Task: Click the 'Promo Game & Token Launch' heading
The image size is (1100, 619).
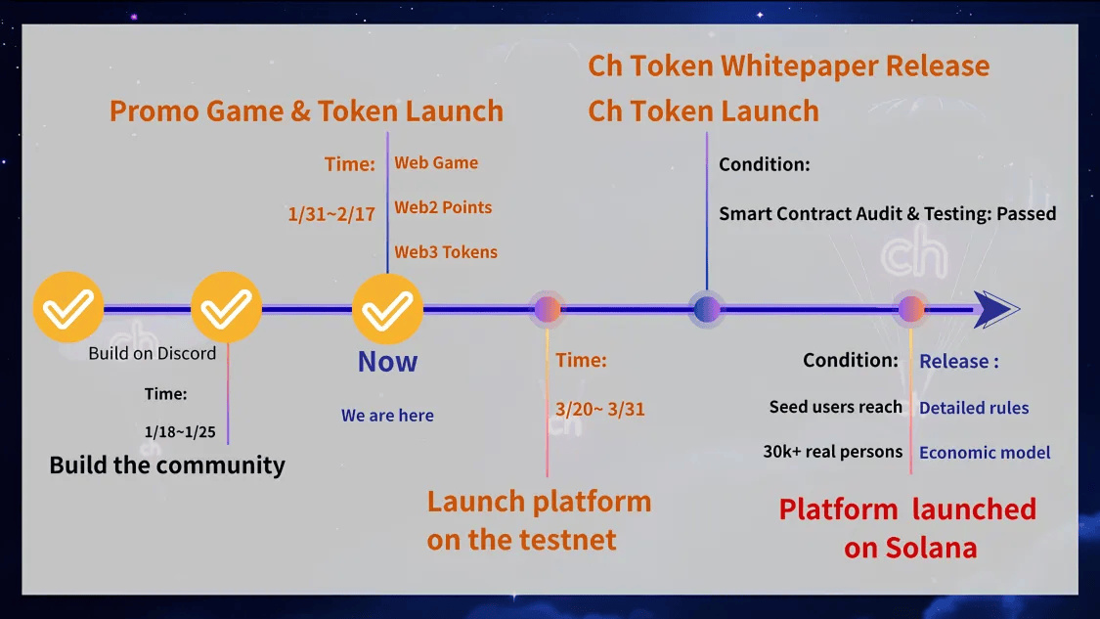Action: (x=306, y=111)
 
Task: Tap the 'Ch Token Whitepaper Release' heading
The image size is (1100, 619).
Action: (x=788, y=66)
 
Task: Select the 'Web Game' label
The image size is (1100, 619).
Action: (x=436, y=163)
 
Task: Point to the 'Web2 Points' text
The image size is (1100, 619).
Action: (x=443, y=207)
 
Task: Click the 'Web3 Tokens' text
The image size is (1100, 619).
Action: (x=446, y=252)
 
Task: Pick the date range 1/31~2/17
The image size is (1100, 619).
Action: (x=331, y=214)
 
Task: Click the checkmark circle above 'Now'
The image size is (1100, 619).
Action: (x=387, y=310)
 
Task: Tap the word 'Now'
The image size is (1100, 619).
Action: (x=387, y=362)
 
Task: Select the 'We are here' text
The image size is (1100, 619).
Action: (x=387, y=416)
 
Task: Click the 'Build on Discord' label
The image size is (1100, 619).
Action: (x=152, y=353)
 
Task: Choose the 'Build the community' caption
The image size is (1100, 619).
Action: (x=167, y=464)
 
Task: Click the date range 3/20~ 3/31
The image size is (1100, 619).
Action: (x=600, y=409)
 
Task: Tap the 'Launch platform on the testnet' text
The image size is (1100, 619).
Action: (x=539, y=520)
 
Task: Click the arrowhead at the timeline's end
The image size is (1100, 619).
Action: (x=994, y=310)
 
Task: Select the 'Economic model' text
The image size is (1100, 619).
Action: (x=985, y=452)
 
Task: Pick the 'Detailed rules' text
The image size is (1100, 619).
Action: (x=974, y=408)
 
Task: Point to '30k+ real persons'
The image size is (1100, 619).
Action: (x=833, y=452)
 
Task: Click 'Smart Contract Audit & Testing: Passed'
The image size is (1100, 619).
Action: (x=887, y=213)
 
